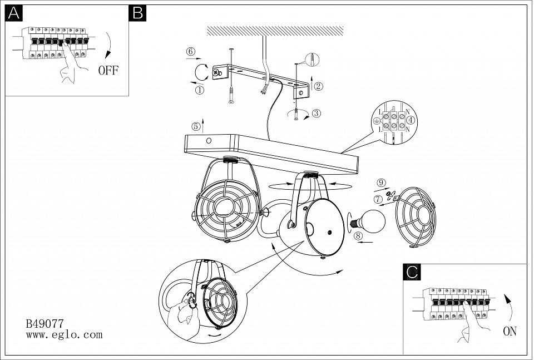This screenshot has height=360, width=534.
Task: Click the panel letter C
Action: [412, 272]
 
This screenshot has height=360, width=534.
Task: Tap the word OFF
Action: [108, 70]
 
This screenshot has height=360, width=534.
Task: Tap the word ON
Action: [510, 332]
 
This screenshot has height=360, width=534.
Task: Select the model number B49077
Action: [44, 323]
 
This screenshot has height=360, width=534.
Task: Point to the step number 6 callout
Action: [190, 52]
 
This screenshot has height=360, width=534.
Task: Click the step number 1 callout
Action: [199, 89]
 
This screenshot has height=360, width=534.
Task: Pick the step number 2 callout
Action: [318, 86]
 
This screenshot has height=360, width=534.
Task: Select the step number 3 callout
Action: [317, 114]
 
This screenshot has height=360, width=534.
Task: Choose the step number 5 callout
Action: [195, 126]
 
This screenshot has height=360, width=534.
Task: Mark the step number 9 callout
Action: [381, 183]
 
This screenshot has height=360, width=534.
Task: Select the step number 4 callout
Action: [411, 120]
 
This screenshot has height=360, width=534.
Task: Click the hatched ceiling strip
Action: [275, 30]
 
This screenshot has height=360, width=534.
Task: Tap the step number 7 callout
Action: [378, 199]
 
